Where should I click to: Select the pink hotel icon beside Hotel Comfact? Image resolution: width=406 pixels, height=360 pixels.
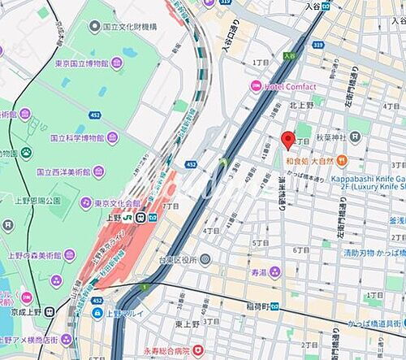256,85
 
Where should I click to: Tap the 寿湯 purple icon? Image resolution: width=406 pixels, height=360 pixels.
275,272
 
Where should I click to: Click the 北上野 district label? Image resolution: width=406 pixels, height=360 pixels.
302,104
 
